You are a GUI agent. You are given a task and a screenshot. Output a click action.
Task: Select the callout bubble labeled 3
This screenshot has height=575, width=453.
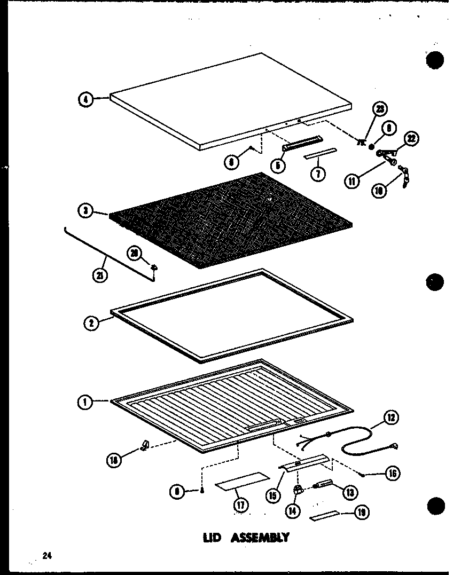coord(85,211)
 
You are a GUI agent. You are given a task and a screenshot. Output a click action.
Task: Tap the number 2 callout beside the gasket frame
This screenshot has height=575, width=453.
coord(92,322)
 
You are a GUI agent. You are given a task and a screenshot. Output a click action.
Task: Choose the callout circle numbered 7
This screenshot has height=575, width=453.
coord(318,174)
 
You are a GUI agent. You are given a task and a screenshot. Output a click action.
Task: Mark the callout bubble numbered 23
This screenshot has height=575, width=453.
coord(379,109)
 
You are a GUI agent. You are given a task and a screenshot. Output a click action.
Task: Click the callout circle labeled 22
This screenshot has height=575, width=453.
coord(411,139)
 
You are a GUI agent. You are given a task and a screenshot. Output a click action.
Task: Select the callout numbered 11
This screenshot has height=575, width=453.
coord(353,182)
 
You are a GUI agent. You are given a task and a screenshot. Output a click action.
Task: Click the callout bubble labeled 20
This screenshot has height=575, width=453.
coord(134,253)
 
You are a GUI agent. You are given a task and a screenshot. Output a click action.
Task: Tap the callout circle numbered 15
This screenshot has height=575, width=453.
coord(274,495)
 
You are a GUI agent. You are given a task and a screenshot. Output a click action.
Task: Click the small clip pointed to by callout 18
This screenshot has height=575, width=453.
coord(144,445)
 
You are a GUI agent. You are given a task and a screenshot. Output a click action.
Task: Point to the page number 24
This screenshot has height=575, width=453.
coord(48,556)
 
